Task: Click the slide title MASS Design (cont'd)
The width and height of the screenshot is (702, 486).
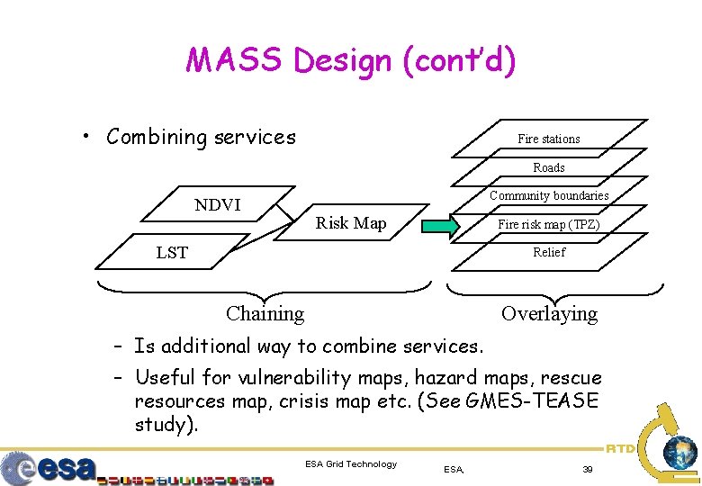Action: pos(351,60)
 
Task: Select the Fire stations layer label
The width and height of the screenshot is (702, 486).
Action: pos(548,139)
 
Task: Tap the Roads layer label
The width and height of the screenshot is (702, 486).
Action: pos(548,167)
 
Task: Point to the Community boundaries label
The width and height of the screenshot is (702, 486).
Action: pos(549,195)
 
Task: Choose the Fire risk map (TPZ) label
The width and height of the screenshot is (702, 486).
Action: pos(548,224)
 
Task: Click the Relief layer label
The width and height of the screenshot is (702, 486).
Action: pos(548,252)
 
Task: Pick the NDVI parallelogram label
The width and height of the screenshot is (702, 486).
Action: pos(218,204)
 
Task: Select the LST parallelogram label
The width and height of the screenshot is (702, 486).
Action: pos(172,252)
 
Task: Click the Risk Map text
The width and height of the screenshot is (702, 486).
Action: pos(351,223)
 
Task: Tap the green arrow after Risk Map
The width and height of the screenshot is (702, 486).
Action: pos(441,224)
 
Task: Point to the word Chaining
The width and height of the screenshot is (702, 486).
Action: pos(265,313)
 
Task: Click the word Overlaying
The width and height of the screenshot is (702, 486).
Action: pos(549,313)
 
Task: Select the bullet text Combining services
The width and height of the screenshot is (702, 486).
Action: pos(201,137)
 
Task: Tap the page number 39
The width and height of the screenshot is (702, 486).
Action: pos(587,469)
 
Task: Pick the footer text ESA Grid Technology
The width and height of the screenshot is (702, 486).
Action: pos(351,463)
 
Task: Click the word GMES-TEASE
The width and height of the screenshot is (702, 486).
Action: pos(533,400)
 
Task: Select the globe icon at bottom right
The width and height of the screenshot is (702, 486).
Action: pos(679,451)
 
